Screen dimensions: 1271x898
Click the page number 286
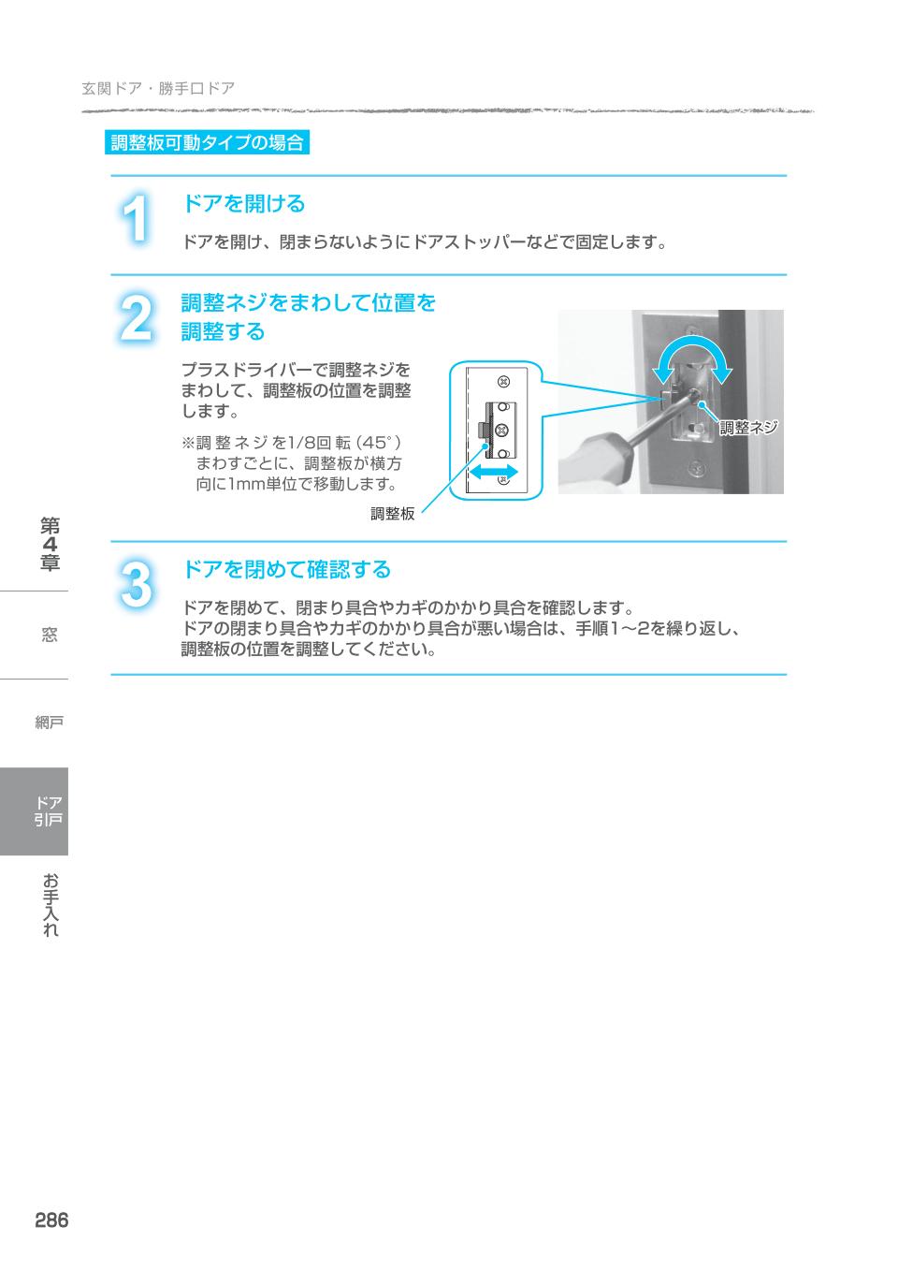point(51,1220)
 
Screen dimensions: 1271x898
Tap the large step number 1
point(137,222)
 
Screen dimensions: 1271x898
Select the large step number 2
point(137,318)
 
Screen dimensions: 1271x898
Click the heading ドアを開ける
point(243,203)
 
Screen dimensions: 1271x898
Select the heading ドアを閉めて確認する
point(285,569)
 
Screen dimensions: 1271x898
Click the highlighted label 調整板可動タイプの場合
point(207,143)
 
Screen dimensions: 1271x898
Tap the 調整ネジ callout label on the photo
point(748,428)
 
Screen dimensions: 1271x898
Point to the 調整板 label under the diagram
point(392,513)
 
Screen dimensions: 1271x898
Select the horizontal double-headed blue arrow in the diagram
point(494,471)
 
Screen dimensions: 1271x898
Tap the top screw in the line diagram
point(503,381)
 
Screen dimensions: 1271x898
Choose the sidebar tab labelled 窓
point(50,635)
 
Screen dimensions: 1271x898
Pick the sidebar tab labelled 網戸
point(50,723)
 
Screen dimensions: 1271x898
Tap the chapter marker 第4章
point(50,544)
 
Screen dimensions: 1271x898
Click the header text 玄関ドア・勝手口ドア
point(157,89)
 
